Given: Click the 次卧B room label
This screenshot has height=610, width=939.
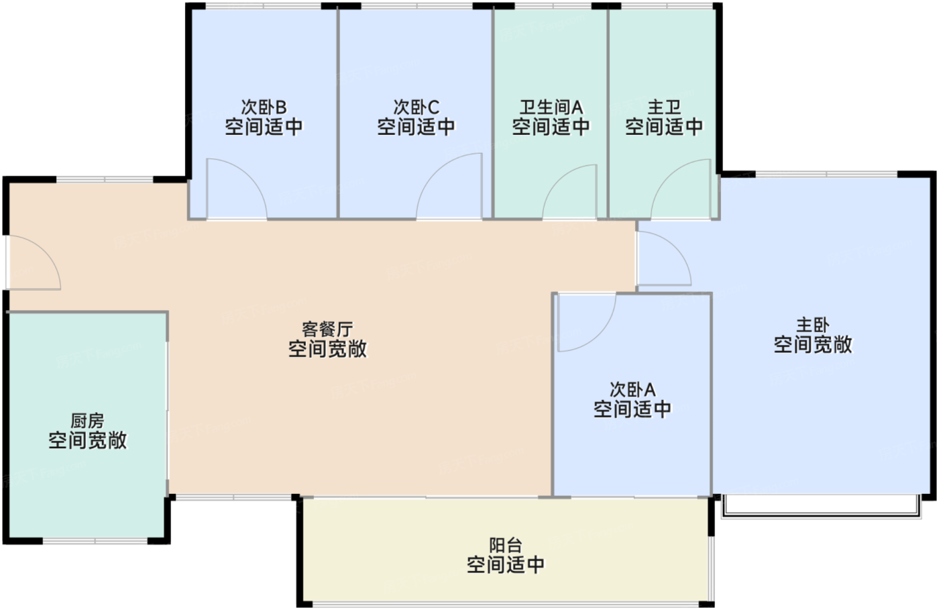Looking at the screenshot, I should (x=264, y=107).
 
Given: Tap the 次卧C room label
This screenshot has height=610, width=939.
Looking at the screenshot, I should (x=416, y=107).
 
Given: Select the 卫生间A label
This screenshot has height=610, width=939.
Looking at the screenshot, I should (x=551, y=107).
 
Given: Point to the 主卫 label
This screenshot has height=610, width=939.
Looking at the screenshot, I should (x=664, y=107).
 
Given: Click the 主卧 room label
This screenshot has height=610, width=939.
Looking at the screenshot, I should (x=812, y=325).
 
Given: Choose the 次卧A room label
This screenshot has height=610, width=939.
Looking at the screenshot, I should (x=632, y=389).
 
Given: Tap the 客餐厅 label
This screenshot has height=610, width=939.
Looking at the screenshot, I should (x=327, y=329).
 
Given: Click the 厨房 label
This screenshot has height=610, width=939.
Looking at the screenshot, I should (x=87, y=421).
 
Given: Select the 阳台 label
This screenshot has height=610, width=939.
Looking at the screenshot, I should (x=505, y=545).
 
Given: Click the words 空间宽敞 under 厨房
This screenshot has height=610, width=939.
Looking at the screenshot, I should (x=87, y=441).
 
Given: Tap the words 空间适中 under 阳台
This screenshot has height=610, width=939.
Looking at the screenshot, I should (x=505, y=565).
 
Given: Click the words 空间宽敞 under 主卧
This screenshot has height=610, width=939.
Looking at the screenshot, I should (x=812, y=345).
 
